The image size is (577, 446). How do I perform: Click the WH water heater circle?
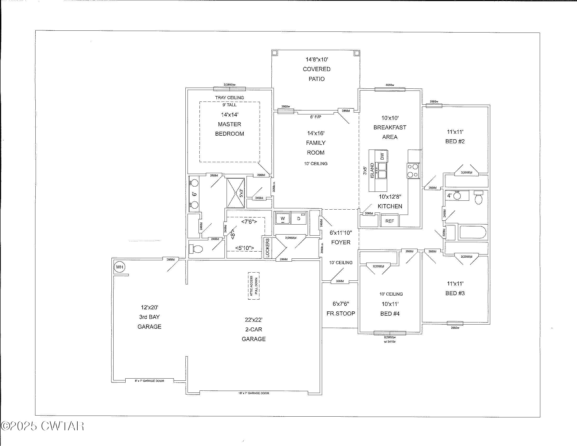coord(119,267)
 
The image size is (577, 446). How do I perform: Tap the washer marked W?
coord(283,219)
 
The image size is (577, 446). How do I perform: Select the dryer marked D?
coord(299,219)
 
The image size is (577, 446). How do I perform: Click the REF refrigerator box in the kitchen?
coord(389,221)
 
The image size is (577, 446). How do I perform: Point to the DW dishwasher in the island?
coord(382,156)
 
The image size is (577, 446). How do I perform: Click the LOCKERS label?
coord(267,248)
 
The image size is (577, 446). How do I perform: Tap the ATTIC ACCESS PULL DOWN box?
coord(254,286)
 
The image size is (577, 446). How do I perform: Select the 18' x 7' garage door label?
coord(254,393)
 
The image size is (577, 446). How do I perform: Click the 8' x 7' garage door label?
coord(149,381)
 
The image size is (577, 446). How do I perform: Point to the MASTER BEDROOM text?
coord(229,129)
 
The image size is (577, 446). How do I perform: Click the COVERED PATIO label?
coord(317,74)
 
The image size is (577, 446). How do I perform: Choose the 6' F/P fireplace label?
coord(316,117)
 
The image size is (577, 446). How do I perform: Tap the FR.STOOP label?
coord(341,313)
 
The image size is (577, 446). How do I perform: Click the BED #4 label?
coord(390,314)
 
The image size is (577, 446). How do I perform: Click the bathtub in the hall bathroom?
coord(473,232)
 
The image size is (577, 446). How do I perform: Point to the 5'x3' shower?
coord(236,193)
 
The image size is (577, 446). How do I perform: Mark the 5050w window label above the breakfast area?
coord(390,85)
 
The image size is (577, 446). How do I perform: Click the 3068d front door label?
coord(340,281)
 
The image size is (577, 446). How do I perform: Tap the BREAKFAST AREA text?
coord(390,132)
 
